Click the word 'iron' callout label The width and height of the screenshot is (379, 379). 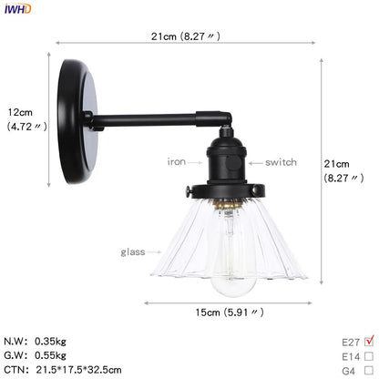tap(177, 162)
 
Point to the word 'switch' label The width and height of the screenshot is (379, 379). tap(282, 162)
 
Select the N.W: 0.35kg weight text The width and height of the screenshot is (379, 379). tap(42, 341)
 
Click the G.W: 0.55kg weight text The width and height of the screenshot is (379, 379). tap(42, 355)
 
